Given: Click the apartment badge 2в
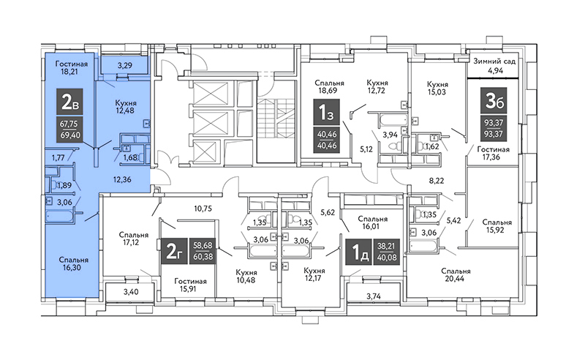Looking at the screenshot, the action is click(x=69, y=102).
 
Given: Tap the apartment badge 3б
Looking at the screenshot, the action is click(x=494, y=100).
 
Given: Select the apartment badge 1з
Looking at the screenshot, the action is click(x=326, y=112).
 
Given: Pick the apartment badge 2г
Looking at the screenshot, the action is click(x=174, y=251).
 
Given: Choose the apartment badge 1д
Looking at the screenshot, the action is click(x=358, y=252).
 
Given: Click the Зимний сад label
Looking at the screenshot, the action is click(x=495, y=61).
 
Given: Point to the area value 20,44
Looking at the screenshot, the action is click(x=455, y=279).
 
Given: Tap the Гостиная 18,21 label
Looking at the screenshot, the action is click(x=72, y=67).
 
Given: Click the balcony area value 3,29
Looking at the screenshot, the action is click(x=125, y=66).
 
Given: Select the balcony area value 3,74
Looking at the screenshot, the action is click(x=374, y=296).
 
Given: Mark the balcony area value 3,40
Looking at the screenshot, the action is click(x=131, y=292).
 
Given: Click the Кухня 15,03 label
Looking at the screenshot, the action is click(x=437, y=88).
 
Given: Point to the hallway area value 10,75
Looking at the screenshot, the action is click(x=203, y=209).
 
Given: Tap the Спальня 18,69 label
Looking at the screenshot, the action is click(x=330, y=86).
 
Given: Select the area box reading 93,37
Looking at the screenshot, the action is click(x=494, y=128).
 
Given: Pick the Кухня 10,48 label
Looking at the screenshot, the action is click(x=246, y=276).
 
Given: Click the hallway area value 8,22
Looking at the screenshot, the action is click(x=437, y=181).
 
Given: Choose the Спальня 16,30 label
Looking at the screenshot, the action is click(x=74, y=263).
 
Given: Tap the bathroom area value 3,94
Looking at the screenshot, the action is click(x=391, y=134).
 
